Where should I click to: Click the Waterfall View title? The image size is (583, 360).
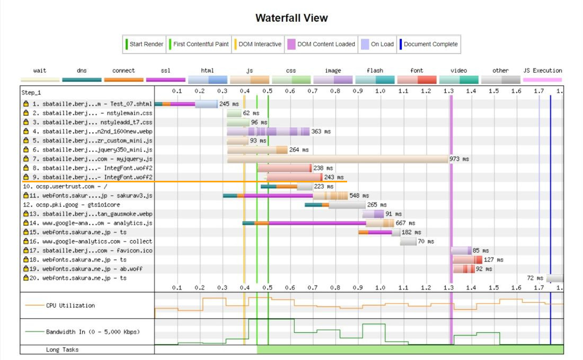[x=291, y=18]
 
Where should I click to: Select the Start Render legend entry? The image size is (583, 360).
[x=144, y=45]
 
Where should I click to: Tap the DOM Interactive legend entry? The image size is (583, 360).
[x=258, y=45]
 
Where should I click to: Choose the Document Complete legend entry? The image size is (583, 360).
[x=430, y=45]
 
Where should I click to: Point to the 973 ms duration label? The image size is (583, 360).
[x=459, y=159]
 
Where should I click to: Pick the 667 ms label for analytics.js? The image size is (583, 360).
[x=405, y=223]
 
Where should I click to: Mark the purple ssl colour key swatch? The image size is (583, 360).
[x=165, y=80]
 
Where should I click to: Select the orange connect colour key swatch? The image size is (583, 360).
[x=123, y=80]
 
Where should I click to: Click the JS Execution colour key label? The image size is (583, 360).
[x=542, y=71]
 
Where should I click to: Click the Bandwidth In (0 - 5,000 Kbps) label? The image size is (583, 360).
[x=93, y=332]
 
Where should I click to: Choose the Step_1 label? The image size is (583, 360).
[x=31, y=93]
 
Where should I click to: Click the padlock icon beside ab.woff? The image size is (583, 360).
[x=25, y=269]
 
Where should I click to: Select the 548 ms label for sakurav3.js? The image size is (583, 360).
[x=359, y=196]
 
